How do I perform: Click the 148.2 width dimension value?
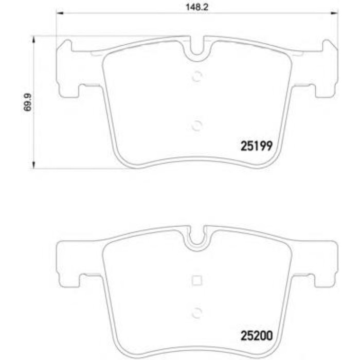(x=193, y=7)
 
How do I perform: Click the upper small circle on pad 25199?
(x=196, y=77)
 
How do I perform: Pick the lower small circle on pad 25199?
(x=196, y=125)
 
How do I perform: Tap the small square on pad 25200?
(x=196, y=280)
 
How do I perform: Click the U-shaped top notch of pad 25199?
(x=196, y=49)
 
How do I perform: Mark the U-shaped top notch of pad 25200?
(x=196, y=238)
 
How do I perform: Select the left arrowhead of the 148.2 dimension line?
(x=59, y=14)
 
